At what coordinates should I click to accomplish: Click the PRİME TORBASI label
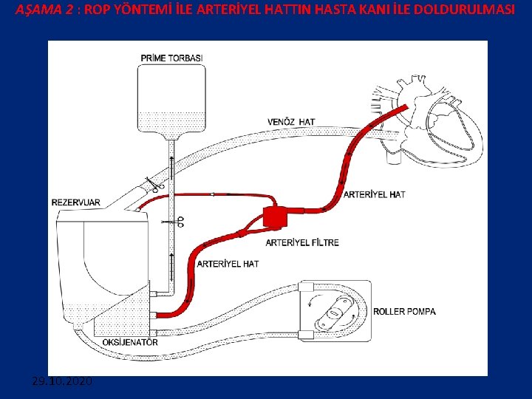[x=171, y=58]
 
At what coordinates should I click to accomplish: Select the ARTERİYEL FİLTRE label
[x=301, y=242]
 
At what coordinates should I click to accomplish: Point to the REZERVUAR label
[x=76, y=202]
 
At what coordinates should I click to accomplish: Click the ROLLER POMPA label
[x=405, y=311]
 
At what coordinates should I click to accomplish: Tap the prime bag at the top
[x=171, y=100]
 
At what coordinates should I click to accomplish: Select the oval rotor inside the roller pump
[x=335, y=313]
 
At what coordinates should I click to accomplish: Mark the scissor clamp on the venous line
[x=154, y=184]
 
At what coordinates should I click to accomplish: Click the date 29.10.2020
[x=62, y=381]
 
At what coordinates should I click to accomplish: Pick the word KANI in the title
[x=369, y=10]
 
